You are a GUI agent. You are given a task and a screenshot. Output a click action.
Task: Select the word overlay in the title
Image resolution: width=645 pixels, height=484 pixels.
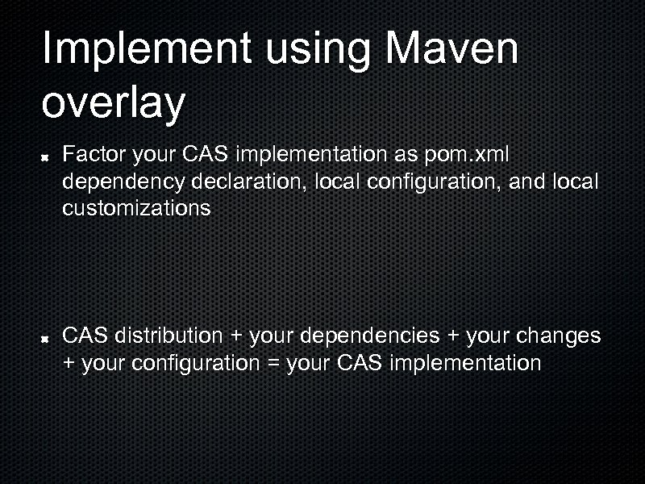pos(113,103)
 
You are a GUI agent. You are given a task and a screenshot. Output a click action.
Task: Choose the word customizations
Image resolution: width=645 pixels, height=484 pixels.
pos(136,209)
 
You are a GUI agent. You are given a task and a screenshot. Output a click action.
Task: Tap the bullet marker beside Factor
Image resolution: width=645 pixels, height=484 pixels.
pos(49,154)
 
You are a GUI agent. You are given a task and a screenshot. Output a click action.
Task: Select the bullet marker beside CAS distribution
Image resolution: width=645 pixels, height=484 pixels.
pos(49,336)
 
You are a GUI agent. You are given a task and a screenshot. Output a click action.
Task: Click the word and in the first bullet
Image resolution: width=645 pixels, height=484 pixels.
pos(527,181)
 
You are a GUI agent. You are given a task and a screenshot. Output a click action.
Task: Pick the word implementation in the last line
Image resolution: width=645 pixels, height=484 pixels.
pos(464,364)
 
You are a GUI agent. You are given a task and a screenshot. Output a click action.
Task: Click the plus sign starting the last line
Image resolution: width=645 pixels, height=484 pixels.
pos(69,364)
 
